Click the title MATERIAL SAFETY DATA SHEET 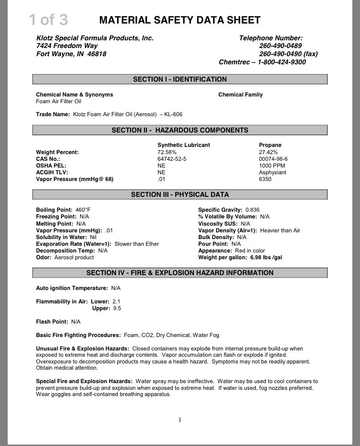[180, 20]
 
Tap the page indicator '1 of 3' [48, 20]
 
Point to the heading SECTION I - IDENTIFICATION [180, 79]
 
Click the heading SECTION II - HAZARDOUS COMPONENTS [180, 130]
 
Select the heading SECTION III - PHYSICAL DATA [180, 194]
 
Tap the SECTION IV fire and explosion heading [180, 273]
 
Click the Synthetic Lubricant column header [183, 145]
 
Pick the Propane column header [270, 145]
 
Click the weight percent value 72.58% [167, 152]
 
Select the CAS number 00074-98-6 [273, 159]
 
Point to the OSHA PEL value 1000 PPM [272, 166]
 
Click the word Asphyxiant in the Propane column [272, 172]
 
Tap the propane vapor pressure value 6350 [265, 179]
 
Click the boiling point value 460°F [83, 210]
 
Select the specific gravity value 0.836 [252, 210]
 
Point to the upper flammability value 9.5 [117, 308]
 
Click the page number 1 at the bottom [180, 420]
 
